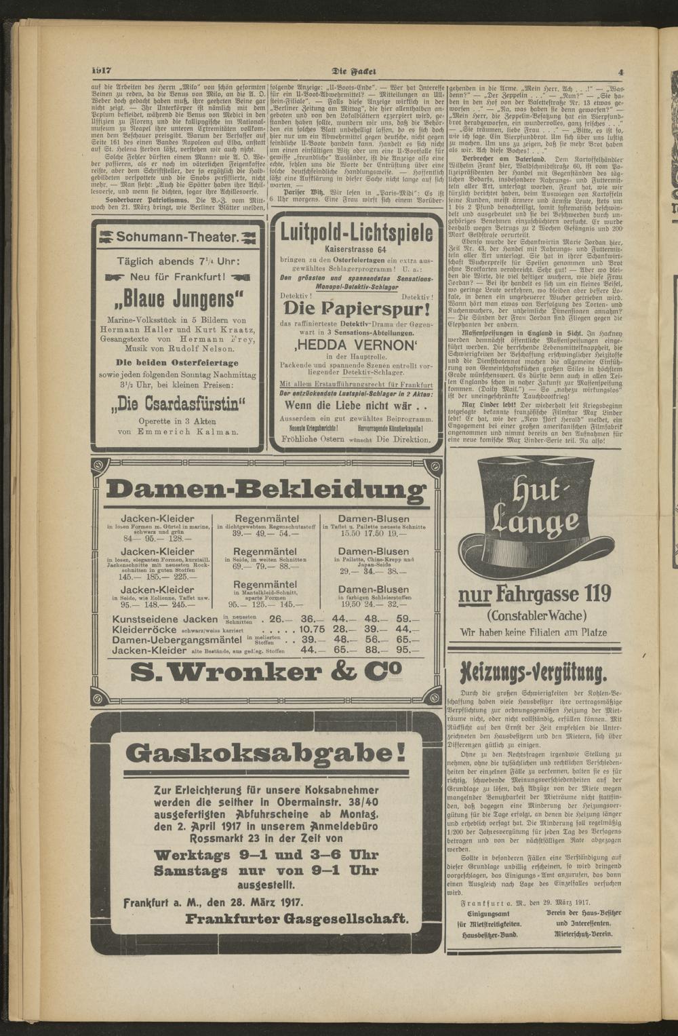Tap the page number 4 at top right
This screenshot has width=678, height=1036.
click(620, 72)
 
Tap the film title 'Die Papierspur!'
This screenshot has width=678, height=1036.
click(357, 309)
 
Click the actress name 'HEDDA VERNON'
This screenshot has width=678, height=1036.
click(356, 345)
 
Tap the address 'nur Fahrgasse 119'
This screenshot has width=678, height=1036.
click(535, 595)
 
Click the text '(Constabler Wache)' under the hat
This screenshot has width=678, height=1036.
click(535, 616)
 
